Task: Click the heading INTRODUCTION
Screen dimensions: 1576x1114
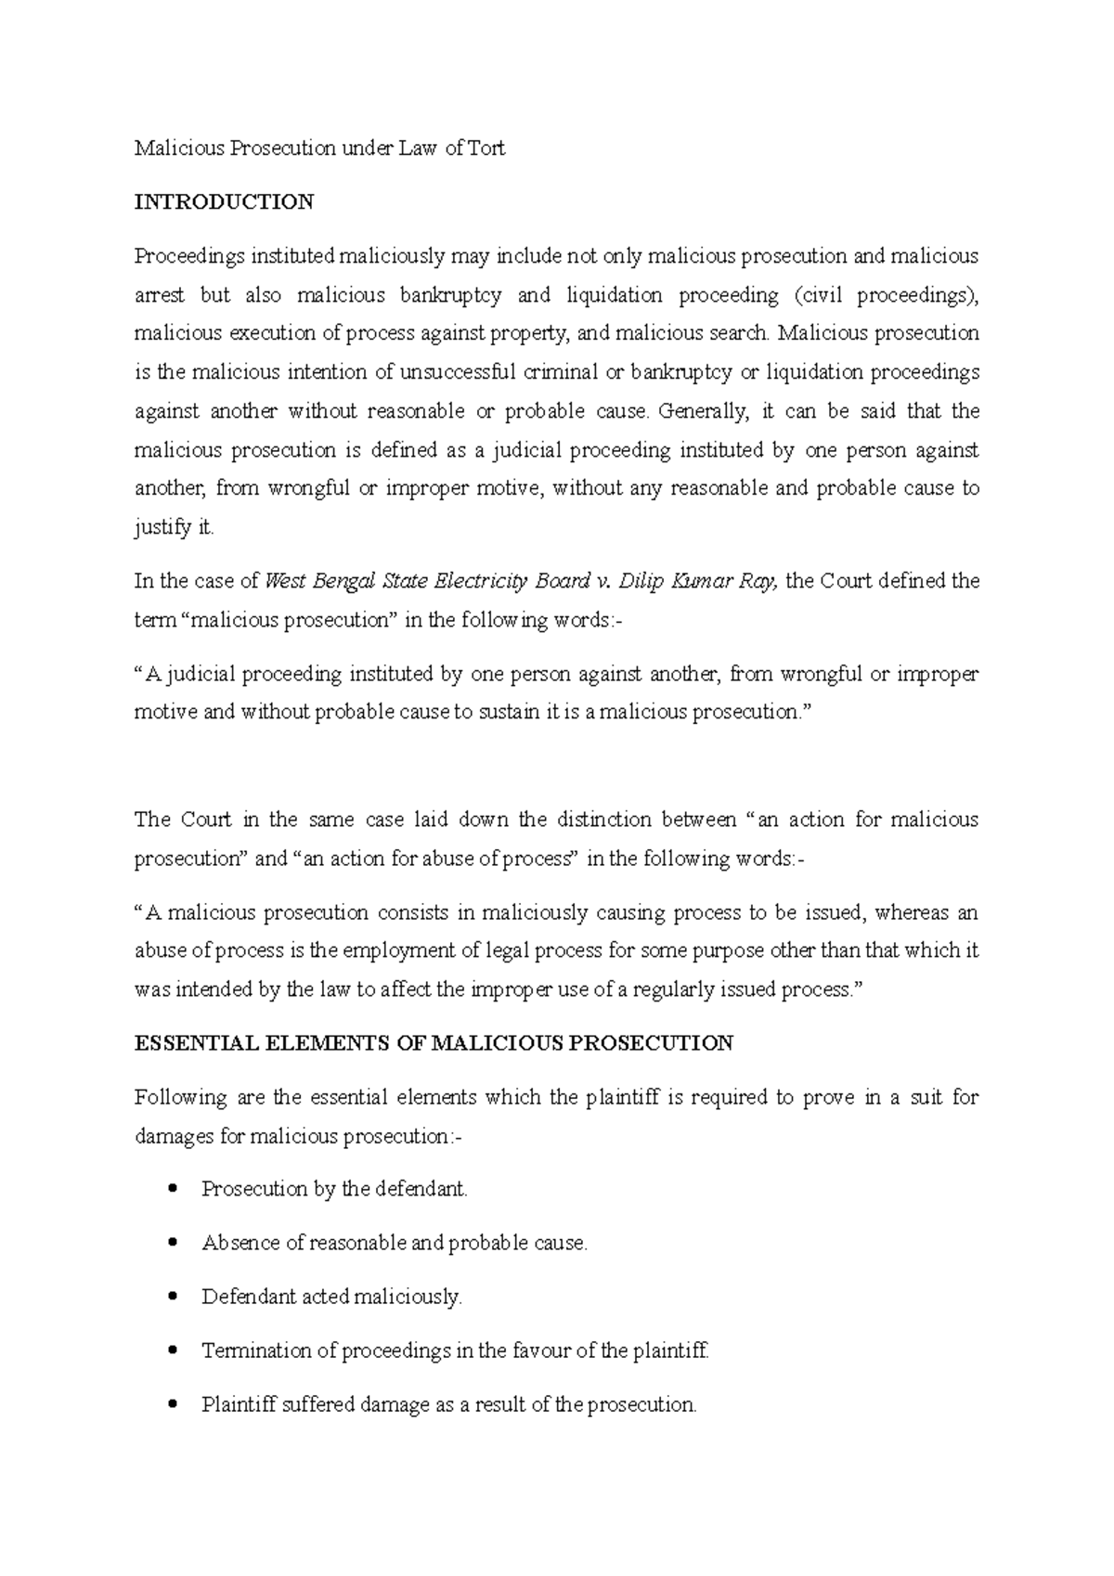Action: [x=224, y=202]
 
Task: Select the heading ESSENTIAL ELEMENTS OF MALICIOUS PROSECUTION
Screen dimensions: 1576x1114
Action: [x=434, y=1043]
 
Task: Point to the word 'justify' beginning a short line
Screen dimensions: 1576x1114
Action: [x=160, y=528]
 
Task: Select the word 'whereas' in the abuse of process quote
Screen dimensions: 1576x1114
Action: [x=911, y=912]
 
